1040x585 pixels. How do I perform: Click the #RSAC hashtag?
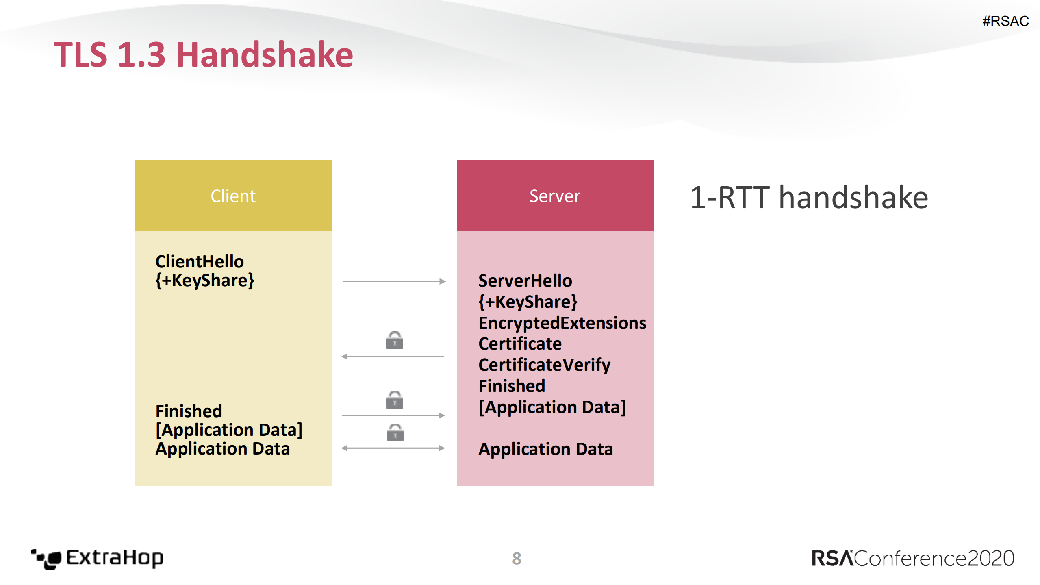[x=1005, y=21]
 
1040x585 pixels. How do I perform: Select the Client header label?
[x=233, y=196]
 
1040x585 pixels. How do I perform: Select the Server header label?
[x=555, y=196]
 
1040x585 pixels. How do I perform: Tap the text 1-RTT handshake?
[x=809, y=198]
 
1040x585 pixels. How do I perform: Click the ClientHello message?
[x=199, y=261]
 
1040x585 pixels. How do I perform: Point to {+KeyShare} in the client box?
[x=204, y=281]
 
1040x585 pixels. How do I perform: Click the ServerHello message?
[x=525, y=281]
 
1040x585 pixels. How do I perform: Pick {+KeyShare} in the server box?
[x=528, y=302]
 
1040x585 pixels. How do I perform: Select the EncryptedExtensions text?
[x=562, y=323]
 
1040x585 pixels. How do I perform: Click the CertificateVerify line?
[x=544, y=365]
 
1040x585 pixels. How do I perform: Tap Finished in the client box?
[x=189, y=411]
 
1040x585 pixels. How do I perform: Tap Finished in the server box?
[x=512, y=386]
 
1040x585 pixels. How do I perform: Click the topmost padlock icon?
[x=394, y=340]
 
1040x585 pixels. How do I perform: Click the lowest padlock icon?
[x=395, y=433]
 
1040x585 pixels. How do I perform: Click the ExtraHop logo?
[x=98, y=558]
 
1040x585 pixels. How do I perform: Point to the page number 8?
[x=516, y=559]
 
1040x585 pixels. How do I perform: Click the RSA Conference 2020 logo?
[x=912, y=558]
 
